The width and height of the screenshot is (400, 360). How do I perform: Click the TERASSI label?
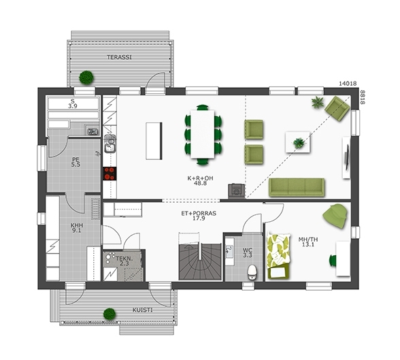pos(120,57)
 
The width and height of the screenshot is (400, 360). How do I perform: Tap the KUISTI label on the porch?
pos(142,310)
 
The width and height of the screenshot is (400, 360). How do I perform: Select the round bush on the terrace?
pos(86,78)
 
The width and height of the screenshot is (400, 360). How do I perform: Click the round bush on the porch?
pos(110,314)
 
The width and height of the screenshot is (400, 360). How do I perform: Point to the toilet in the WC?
pos(252,272)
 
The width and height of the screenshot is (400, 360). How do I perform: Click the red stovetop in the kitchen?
pos(110,174)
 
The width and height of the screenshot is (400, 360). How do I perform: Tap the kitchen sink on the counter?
pos(110,144)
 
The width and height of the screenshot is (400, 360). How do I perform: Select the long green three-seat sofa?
pos(297,188)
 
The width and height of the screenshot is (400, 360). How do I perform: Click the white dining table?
pos(203,134)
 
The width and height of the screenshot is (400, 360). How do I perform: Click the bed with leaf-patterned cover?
pos(278,256)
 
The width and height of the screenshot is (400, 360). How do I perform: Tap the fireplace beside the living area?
pos(237,191)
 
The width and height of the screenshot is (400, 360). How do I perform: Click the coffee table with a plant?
pos(298,142)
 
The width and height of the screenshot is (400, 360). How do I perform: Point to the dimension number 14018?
pos(348,84)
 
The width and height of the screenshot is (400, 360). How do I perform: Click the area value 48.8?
pos(200,183)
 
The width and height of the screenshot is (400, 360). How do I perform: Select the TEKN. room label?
pos(124,259)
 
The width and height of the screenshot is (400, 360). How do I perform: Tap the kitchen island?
pos(154,141)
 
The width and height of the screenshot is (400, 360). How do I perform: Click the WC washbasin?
pos(229,252)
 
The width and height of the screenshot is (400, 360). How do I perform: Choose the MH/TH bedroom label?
pos(308,240)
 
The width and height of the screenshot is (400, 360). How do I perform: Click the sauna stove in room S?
pos(92,131)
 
